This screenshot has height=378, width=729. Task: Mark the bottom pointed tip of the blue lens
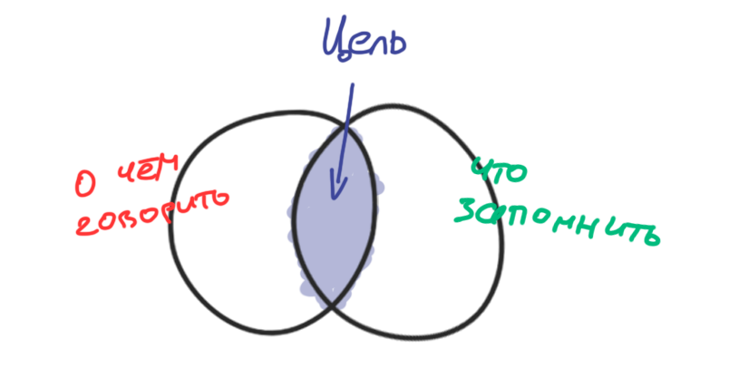coord(329,305)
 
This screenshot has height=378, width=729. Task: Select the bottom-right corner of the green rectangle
coord(660,246)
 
